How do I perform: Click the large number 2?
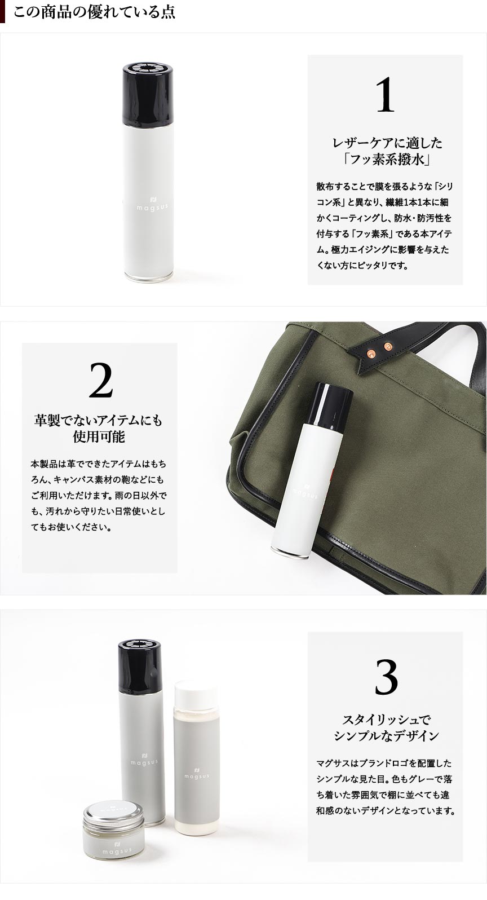pos(100,380)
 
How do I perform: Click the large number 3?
pos(386,677)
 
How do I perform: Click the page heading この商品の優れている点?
pos(94,12)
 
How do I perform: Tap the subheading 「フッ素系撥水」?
pos(386,160)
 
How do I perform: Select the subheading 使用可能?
pos(99,436)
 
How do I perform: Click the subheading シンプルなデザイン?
pos(386,736)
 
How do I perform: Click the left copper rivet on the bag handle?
pos(372,353)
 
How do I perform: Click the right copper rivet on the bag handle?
pos(387,346)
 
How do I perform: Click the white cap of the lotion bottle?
pos(196,694)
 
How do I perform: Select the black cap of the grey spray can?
pos(140,667)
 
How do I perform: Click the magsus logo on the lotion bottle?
pos(197,773)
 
